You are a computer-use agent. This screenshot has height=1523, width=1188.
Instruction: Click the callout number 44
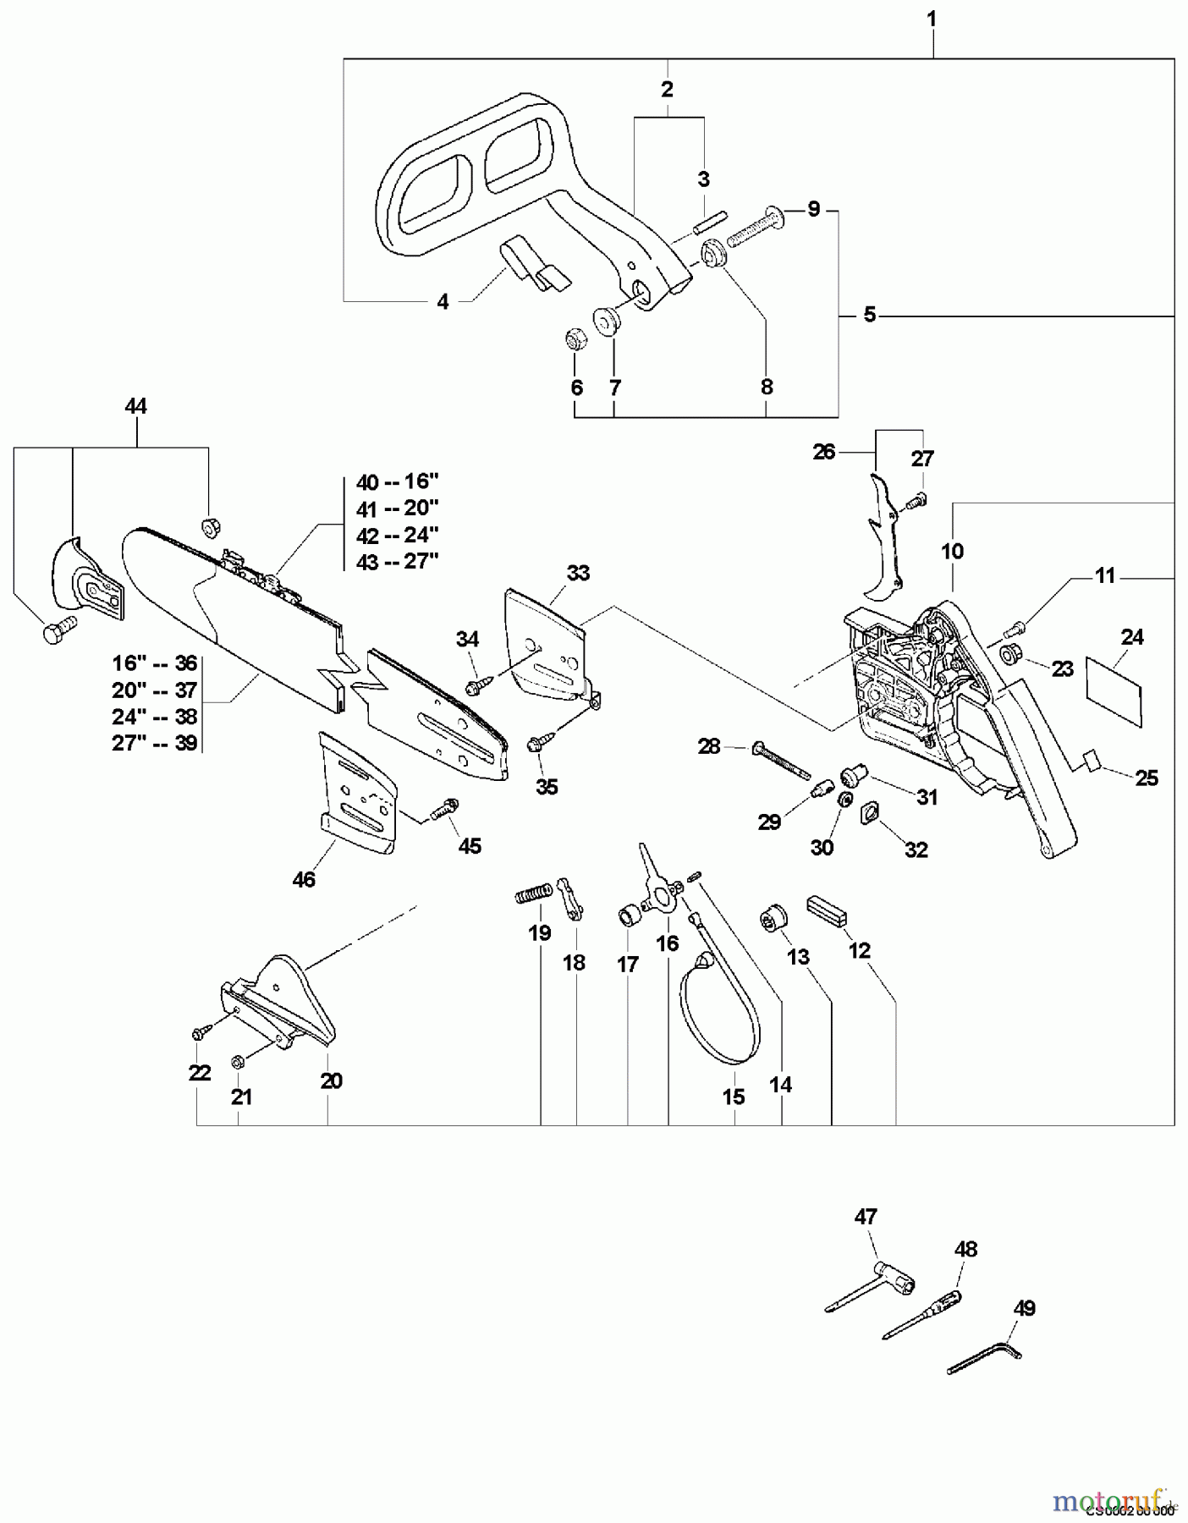(x=135, y=406)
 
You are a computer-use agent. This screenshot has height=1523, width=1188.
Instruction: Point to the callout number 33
(x=578, y=573)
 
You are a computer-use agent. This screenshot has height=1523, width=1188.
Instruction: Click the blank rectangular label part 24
(x=1114, y=690)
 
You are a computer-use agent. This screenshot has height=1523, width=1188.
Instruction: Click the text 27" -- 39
(x=155, y=743)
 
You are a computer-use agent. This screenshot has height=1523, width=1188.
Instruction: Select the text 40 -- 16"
(x=397, y=482)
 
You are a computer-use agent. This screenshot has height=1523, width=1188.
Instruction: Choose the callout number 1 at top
(x=932, y=19)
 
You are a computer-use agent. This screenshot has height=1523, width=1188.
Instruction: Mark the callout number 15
(x=734, y=1097)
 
